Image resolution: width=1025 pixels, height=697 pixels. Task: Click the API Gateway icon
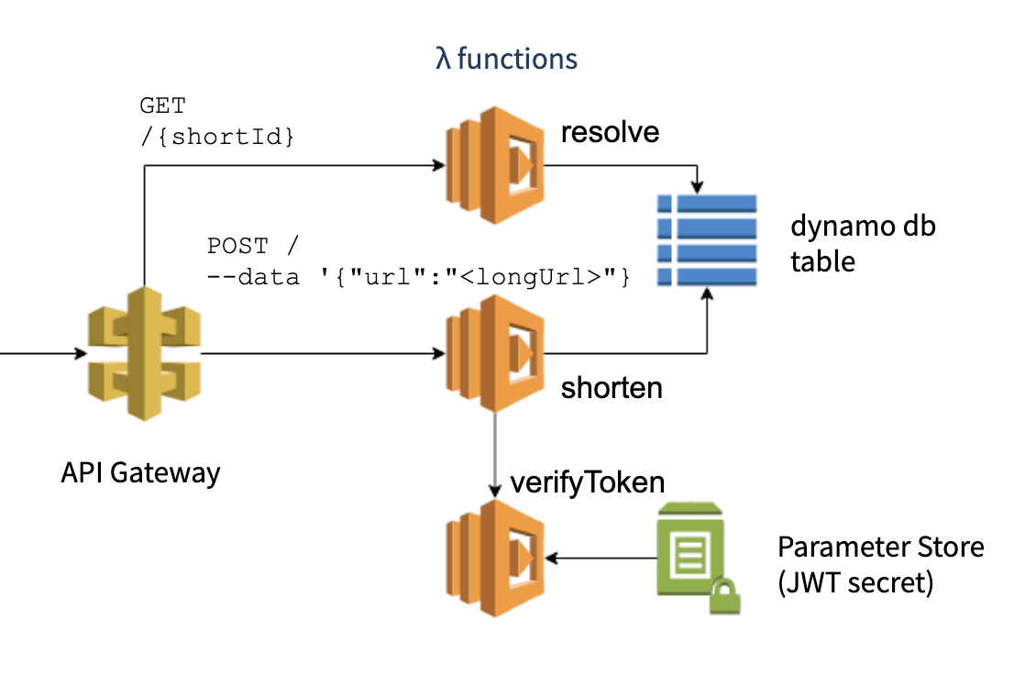pos(144,353)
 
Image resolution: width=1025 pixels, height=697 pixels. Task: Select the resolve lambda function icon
pos(495,166)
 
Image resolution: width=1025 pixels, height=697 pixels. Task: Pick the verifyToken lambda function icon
pos(495,558)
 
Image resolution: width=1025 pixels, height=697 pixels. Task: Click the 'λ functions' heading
pos(506,60)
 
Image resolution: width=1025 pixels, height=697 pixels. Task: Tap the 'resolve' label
pos(610,132)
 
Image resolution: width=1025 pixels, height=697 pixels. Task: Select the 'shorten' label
pos(612,388)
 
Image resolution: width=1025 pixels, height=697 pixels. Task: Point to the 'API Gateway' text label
pos(140,472)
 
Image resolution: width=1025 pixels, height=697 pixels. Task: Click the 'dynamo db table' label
pos(862,243)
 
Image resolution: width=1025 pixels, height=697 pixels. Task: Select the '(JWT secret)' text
pos(854,582)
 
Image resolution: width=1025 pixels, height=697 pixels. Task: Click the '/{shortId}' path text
pos(217,137)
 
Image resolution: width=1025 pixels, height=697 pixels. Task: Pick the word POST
pos(237,246)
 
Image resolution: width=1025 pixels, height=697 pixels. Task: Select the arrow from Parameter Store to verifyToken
pos(601,558)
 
